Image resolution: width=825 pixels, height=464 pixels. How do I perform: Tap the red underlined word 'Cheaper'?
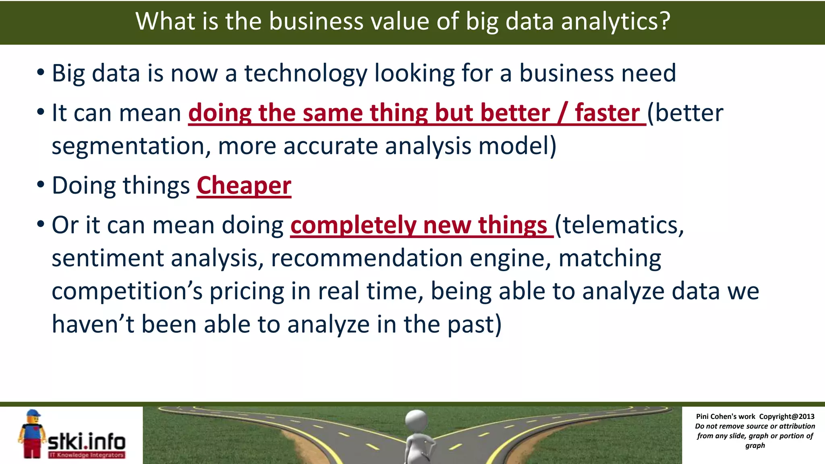[x=244, y=186]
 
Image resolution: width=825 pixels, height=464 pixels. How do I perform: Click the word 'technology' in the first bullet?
[x=306, y=73]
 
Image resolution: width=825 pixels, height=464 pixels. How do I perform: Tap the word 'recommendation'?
[x=366, y=258]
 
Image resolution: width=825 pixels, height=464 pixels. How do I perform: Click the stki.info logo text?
[x=87, y=442]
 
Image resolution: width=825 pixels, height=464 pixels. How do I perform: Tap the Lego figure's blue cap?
[x=33, y=414]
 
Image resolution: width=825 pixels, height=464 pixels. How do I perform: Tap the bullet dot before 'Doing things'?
[x=40, y=185]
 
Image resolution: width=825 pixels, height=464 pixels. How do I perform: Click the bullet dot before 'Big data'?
[x=40, y=73]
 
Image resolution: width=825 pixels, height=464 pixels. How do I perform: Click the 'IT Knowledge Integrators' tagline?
[x=87, y=455]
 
